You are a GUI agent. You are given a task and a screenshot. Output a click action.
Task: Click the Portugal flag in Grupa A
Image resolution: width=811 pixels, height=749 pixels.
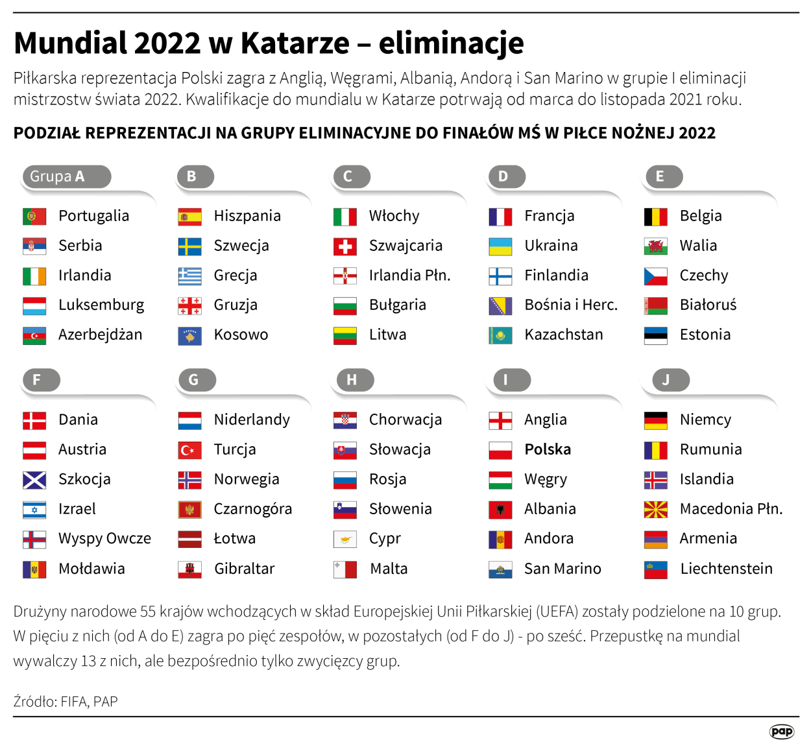tap(34, 217)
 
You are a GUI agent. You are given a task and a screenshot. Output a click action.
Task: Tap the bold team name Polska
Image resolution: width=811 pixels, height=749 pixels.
tap(548, 449)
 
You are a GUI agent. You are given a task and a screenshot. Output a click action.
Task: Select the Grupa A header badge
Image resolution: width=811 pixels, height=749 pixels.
tap(66, 176)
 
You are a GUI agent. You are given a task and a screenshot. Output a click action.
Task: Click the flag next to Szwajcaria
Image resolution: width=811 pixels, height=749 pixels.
tap(345, 246)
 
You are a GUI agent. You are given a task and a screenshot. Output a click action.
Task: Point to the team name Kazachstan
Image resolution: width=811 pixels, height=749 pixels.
tap(563, 335)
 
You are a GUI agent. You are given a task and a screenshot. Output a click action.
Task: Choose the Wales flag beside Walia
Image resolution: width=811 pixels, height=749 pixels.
tap(655, 246)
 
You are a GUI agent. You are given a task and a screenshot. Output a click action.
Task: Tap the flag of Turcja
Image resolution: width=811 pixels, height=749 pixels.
tap(189, 450)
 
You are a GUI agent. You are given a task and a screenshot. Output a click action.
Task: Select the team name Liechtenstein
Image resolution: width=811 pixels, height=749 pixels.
tap(726, 569)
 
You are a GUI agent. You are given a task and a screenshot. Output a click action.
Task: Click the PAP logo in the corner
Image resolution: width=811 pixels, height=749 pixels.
tap(781, 731)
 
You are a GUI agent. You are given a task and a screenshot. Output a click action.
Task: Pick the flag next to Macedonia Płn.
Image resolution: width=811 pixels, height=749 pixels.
tap(655, 510)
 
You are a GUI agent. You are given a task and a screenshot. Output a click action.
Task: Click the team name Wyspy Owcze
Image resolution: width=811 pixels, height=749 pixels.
tap(104, 538)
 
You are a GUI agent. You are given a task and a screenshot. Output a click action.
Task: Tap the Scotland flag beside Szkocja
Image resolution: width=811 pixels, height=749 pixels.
tap(34, 480)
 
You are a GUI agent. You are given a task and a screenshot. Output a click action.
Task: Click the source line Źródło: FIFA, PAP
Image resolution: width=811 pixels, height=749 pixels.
tap(66, 702)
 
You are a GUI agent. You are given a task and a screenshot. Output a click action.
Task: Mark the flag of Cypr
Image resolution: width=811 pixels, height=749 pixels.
tap(345, 540)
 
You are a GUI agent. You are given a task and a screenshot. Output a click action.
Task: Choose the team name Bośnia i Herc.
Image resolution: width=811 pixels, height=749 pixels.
tap(570, 305)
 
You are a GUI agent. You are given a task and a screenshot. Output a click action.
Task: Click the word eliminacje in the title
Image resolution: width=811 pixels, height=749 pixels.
tap(451, 43)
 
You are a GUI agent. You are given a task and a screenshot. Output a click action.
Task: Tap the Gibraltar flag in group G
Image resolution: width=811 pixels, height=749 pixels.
tap(189, 569)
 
